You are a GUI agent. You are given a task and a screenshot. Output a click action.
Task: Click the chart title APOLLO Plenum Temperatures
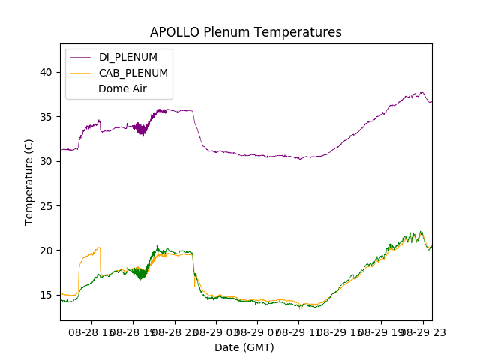coord(245,32)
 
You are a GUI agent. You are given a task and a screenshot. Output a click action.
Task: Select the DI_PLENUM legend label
coord(128,57)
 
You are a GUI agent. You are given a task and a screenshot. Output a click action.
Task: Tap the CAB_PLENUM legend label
coord(133,73)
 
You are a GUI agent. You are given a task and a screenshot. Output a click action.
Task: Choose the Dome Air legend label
coord(123,88)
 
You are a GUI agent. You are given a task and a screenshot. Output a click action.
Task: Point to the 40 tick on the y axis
coord(46,72)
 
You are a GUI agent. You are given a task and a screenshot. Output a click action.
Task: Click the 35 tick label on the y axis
coord(46,117)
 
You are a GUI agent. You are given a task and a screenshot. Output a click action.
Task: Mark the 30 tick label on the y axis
coord(46,161)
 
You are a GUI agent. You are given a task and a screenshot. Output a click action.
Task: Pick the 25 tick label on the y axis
coord(46,205)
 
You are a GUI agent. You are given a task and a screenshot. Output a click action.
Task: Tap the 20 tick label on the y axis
coord(46,250)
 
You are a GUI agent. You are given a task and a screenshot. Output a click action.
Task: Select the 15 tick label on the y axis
coord(46,295)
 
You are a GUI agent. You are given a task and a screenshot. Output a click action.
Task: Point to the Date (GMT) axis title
coord(244,347)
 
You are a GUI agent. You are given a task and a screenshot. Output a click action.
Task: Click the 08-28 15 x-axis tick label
coord(91,331)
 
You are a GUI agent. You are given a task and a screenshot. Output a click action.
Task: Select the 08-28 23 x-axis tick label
coord(175,331)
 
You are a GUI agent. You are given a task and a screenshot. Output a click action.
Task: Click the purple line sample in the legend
coord(81,57)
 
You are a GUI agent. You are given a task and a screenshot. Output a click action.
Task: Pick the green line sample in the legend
coord(81,88)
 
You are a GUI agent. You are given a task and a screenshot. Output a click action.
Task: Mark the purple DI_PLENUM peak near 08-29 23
coord(421,92)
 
